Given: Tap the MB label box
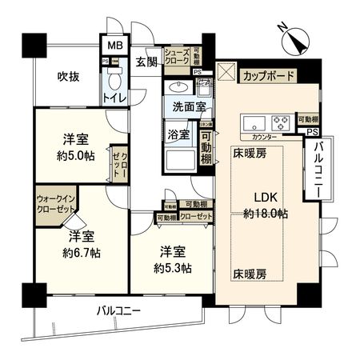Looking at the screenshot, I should (x=114, y=46).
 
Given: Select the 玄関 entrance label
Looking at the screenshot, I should (x=146, y=61).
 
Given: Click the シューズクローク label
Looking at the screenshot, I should (x=176, y=54).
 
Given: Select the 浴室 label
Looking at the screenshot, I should (x=178, y=133).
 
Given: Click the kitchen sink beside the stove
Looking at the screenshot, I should (x=254, y=123).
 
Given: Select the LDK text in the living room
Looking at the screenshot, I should (x=266, y=198).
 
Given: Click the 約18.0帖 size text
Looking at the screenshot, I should (x=266, y=214).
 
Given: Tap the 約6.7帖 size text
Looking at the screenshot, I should (x=82, y=252).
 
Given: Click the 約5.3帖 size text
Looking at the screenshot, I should (x=174, y=267).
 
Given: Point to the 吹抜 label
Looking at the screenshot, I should (x=68, y=77).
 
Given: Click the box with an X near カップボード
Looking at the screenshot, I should (x=226, y=76).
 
